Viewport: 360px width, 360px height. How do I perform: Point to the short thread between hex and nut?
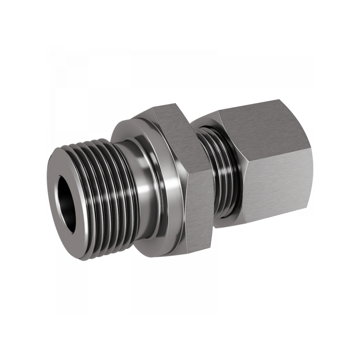[x=218, y=175]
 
